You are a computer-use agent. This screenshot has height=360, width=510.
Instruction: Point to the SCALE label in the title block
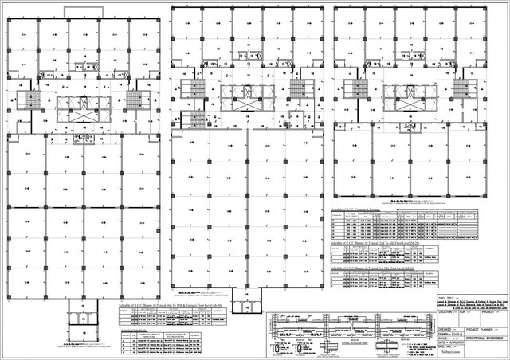(444, 338)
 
